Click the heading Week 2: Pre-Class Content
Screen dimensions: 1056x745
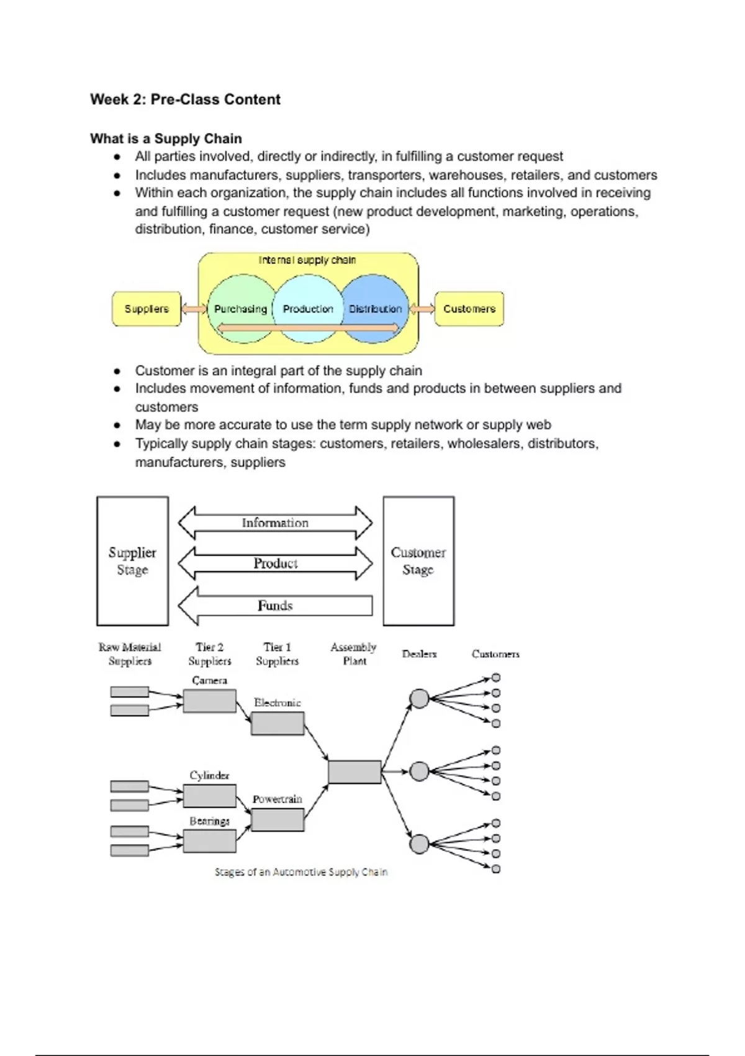point(185,99)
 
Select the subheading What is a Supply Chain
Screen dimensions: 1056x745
point(166,139)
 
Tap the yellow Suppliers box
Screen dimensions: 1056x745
point(147,309)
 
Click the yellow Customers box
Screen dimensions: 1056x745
point(469,309)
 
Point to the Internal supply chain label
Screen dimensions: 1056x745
point(307,260)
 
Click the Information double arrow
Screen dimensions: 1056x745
point(275,523)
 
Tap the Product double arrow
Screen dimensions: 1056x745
point(275,563)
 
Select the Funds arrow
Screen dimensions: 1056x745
point(275,606)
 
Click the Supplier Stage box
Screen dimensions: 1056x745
point(132,561)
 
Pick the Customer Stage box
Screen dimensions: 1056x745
point(418,561)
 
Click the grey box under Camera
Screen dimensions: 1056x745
point(209,701)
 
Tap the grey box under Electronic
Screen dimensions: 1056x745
point(278,724)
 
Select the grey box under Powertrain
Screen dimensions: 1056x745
point(278,820)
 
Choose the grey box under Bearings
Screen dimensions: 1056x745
point(209,841)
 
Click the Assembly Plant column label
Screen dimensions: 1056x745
point(354,654)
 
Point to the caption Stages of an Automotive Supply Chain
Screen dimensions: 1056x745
point(301,872)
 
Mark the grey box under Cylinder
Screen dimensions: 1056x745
point(209,796)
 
